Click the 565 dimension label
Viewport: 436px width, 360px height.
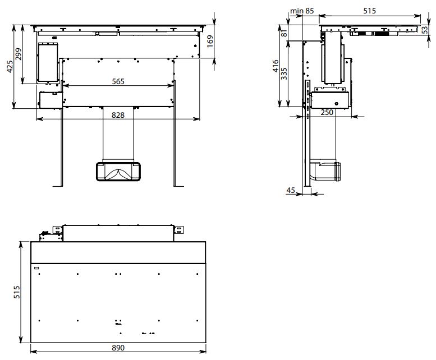pos(118,82)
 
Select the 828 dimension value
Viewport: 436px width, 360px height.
pos(118,115)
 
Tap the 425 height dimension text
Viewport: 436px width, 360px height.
pos(10,67)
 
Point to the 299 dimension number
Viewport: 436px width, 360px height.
pos(18,54)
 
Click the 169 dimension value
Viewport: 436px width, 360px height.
pos(210,41)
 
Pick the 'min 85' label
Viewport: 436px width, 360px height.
pos(302,11)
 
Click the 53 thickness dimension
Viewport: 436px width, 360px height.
pos(425,30)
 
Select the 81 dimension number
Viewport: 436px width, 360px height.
pos(284,33)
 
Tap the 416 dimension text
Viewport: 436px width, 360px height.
pos(276,66)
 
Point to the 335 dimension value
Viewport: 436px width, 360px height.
pos(284,73)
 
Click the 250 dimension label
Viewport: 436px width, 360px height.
pos(327,113)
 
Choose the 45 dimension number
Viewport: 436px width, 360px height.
pos(291,190)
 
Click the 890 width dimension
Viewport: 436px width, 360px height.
pos(118,348)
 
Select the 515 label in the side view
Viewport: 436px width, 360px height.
pos(370,11)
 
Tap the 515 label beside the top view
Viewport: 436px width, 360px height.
pos(17,292)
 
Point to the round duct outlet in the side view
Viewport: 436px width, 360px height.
pos(338,172)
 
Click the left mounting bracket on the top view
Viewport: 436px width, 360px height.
pos(58,230)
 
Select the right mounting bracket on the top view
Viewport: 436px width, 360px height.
pos(178,230)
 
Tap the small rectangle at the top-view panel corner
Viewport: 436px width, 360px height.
pos(36,268)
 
